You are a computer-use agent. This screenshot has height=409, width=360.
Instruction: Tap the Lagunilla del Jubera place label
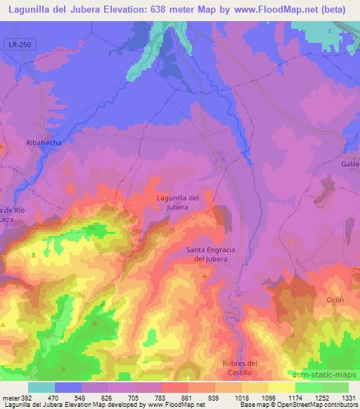(x=177, y=202)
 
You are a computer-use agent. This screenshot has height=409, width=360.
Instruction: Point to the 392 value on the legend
(x=26, y=397)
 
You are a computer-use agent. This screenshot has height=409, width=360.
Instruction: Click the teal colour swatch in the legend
(x=41, y=387)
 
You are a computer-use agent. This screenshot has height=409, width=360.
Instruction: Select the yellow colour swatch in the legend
(x=281, y=387)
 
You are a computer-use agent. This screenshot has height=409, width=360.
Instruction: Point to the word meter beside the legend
(x=9, y=397)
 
